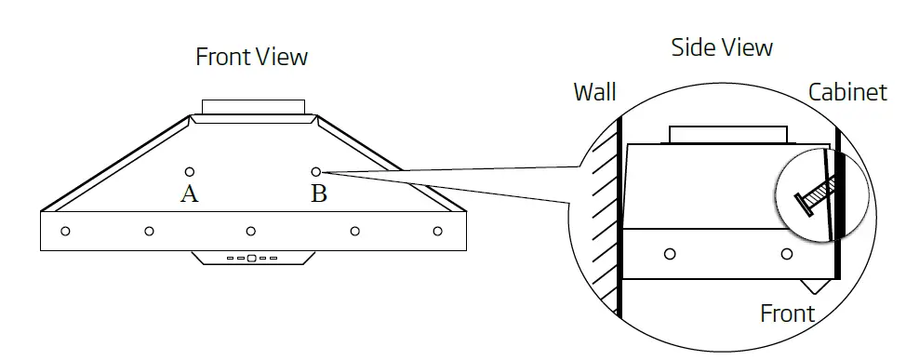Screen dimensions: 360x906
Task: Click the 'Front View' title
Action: click(x=251, y=58)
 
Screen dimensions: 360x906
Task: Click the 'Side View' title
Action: click(x=722, y=47)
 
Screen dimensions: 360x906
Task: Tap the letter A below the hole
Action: click(x=190, y=193)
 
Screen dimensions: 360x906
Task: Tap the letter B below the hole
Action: click(x=318, y=193)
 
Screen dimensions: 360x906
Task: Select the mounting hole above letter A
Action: click(x=190, y=172)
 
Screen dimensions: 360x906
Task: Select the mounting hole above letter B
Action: click(x=316, y=172)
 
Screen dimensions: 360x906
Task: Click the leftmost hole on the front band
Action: click(x=65, y=231)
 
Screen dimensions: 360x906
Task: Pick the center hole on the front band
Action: click(x=250, y=231)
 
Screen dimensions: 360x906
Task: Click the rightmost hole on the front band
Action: click(x=437, y=231)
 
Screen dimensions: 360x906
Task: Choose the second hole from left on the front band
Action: click(x=149, y=231)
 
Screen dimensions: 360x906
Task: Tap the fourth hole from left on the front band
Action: click(x=354, y=231)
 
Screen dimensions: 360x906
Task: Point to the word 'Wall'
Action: click(x=594, y=92)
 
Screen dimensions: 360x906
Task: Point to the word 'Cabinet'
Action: click(x=846, y=92)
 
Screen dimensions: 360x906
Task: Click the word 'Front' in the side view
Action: click(x=787, y=313)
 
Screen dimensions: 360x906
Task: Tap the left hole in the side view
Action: click(x=670, y=254)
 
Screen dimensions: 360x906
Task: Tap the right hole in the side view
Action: click(x=787, y=254)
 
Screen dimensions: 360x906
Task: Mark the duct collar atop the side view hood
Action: click(x=728, y=136)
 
